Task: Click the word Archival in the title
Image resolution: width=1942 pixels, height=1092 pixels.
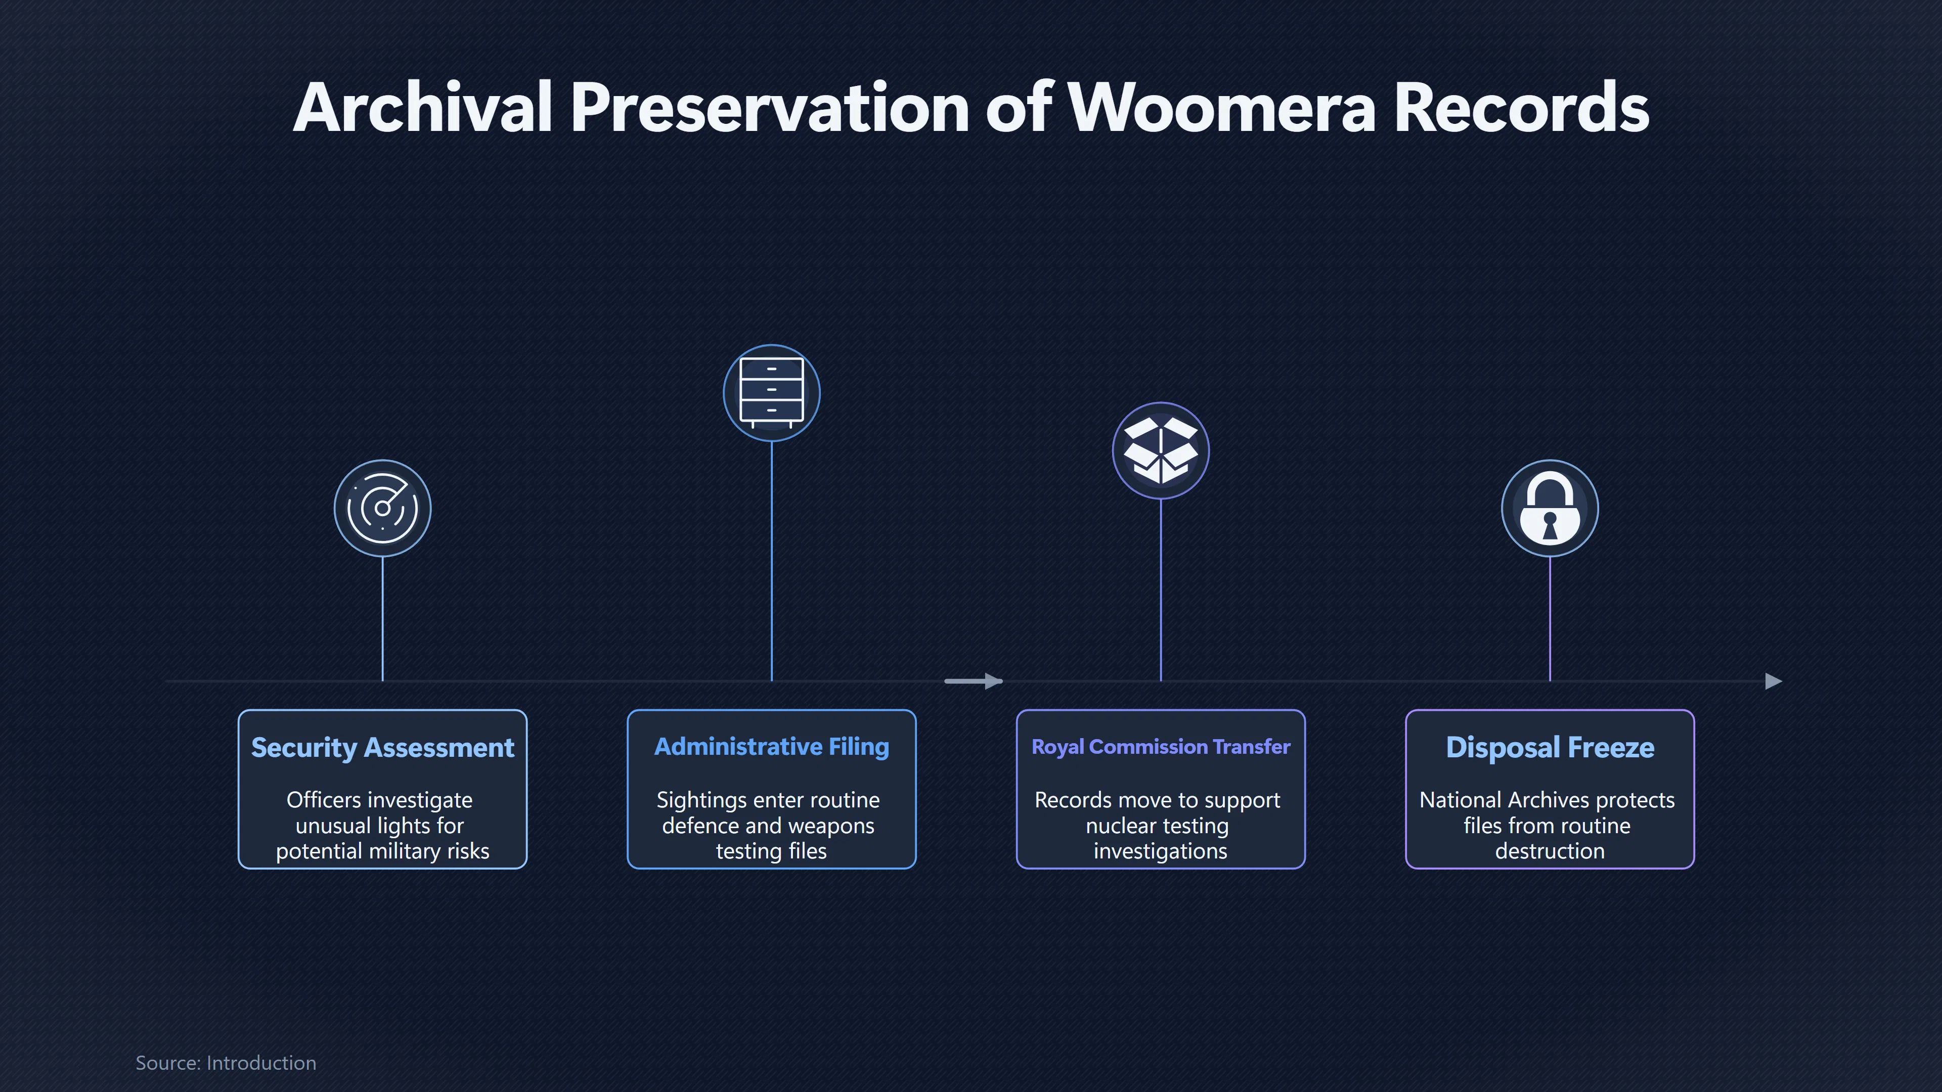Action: point(423,108)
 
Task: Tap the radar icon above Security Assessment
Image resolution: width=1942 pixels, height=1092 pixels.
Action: point(382,508)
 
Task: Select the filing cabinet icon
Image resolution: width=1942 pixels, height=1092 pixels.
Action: point(771,393)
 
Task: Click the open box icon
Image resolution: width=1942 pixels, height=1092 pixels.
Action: point(1160,450)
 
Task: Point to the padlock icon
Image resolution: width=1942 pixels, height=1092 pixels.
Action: point(1549,508)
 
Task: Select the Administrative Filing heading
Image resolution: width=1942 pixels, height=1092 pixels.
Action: point(771,747)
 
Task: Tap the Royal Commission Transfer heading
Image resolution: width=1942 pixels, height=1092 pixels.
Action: point(1160,747)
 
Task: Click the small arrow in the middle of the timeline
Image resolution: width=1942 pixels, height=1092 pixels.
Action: point(973,681)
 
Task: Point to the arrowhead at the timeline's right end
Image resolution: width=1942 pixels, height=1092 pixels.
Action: point(1774,681)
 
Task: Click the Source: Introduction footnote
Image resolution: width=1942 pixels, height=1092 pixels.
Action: point(226,1063)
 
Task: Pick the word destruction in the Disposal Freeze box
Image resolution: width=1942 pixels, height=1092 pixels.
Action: point(1549,851)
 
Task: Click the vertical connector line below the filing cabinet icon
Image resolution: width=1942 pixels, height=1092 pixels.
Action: point(771,562)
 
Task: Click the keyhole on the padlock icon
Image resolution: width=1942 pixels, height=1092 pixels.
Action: point(1549,525)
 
